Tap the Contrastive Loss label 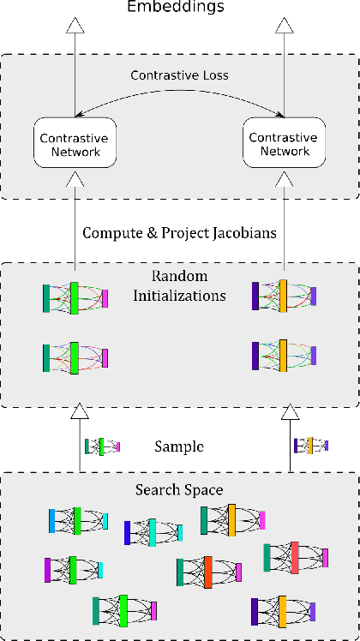tap(179, 75)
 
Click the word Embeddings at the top tap(176, 8)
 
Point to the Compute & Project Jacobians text tap(179, 233)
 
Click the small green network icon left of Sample tap(102, 446)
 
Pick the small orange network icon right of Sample tap(310, 446)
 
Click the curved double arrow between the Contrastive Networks tap(180, 101)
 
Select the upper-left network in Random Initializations tap(75, 297)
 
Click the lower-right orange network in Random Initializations tap(284, 355)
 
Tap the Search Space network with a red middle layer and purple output tap(296, 557)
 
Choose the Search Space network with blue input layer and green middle tap(77, 520)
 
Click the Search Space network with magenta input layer tap(74, 569)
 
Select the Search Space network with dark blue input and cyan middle tap(153, 532)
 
